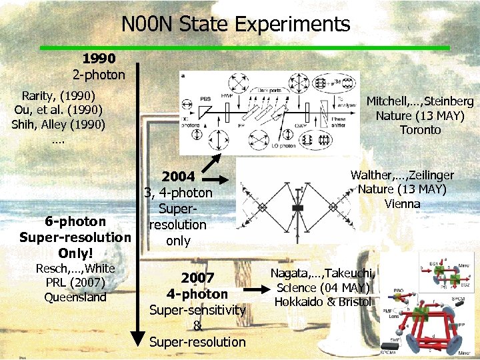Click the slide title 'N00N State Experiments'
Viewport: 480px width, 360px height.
[x=235, y=25]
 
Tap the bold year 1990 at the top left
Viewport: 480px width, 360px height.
[x=99, y=59]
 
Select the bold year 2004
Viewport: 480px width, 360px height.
[x=178, y=177]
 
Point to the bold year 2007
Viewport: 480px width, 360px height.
[x=197, y=277]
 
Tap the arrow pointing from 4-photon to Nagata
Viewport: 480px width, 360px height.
[x=251, y=289]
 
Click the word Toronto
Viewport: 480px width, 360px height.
[x=420, y=130]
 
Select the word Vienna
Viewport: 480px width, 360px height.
[x=402, y=204]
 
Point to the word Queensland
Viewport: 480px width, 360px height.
[x=75, y=297]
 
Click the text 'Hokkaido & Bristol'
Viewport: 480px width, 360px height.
[x=323, y=302]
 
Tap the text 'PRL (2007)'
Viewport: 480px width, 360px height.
[x=75, y=282]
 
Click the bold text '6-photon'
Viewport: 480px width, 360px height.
[x=75, y=221]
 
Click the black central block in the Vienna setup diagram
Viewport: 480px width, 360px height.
[x=298, y=208]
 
